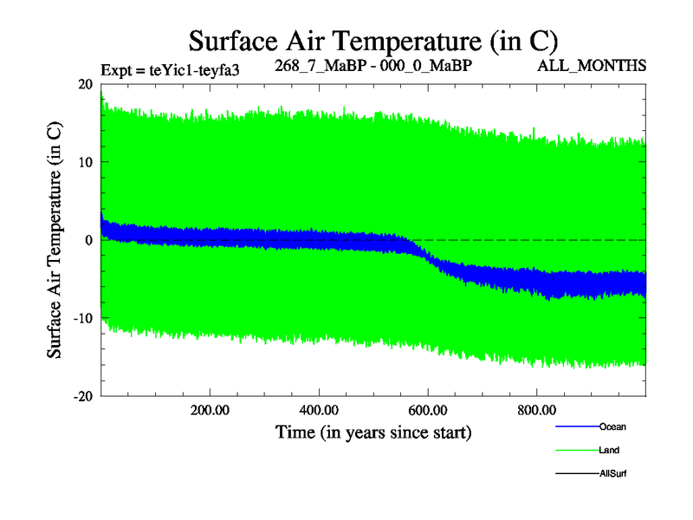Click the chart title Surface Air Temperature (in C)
click(372, 41)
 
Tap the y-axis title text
click(54, 240)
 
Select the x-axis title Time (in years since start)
click(373, 432)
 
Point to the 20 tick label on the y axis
click(85, 84)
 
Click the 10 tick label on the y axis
click(85, 162)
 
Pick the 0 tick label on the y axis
click(89, 240)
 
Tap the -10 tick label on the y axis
click(82, 318)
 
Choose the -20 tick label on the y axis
click(82, 396)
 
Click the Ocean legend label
click(612, 426)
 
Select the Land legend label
click(609, 450)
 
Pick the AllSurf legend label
click(612, 473)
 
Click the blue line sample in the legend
click(576, 426)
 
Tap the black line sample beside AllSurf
click(576, 473)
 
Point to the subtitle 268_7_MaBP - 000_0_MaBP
click(373, 66)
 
